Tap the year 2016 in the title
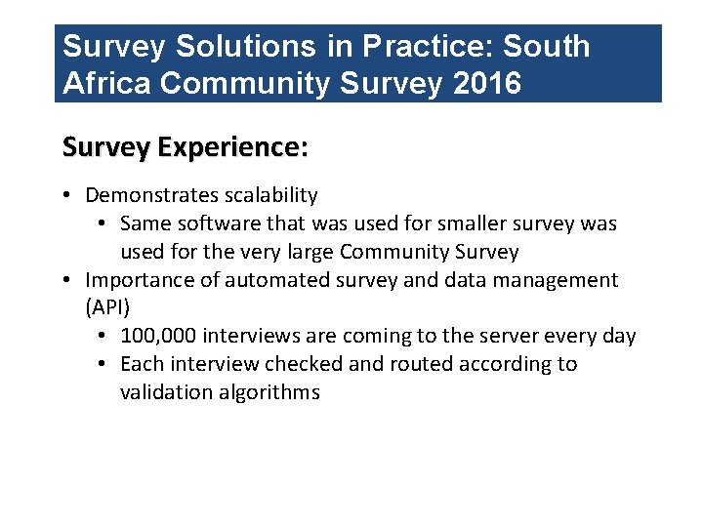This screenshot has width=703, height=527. (488, 84)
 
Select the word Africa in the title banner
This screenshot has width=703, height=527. (106, 84)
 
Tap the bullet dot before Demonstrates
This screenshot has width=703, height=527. (66, 196)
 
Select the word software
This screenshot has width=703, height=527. (224, 223)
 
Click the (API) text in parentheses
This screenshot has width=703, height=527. (107, 308)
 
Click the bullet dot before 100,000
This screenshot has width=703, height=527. (103, 337)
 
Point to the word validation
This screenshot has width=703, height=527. (166, 392)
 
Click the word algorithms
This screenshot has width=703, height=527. (269, 392)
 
